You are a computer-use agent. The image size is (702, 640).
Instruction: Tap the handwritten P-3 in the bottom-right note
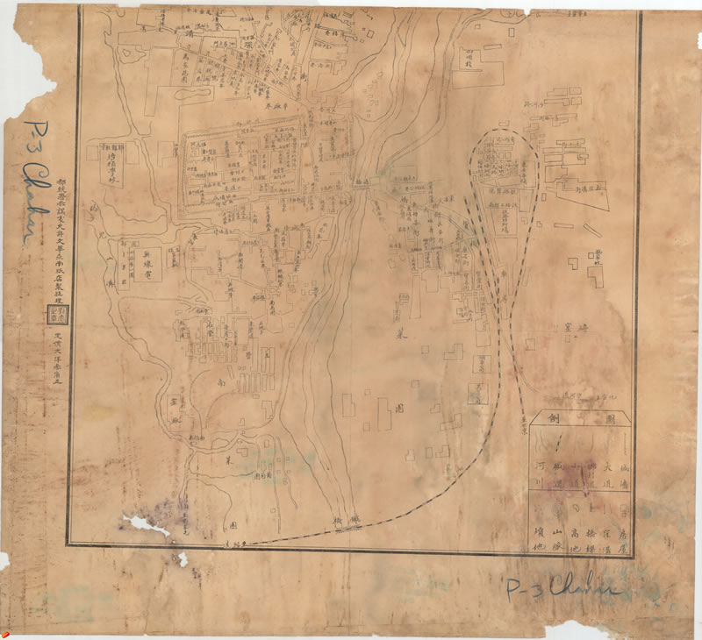click(526, 589)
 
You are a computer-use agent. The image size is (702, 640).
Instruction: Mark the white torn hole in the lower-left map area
click(145, 525)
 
